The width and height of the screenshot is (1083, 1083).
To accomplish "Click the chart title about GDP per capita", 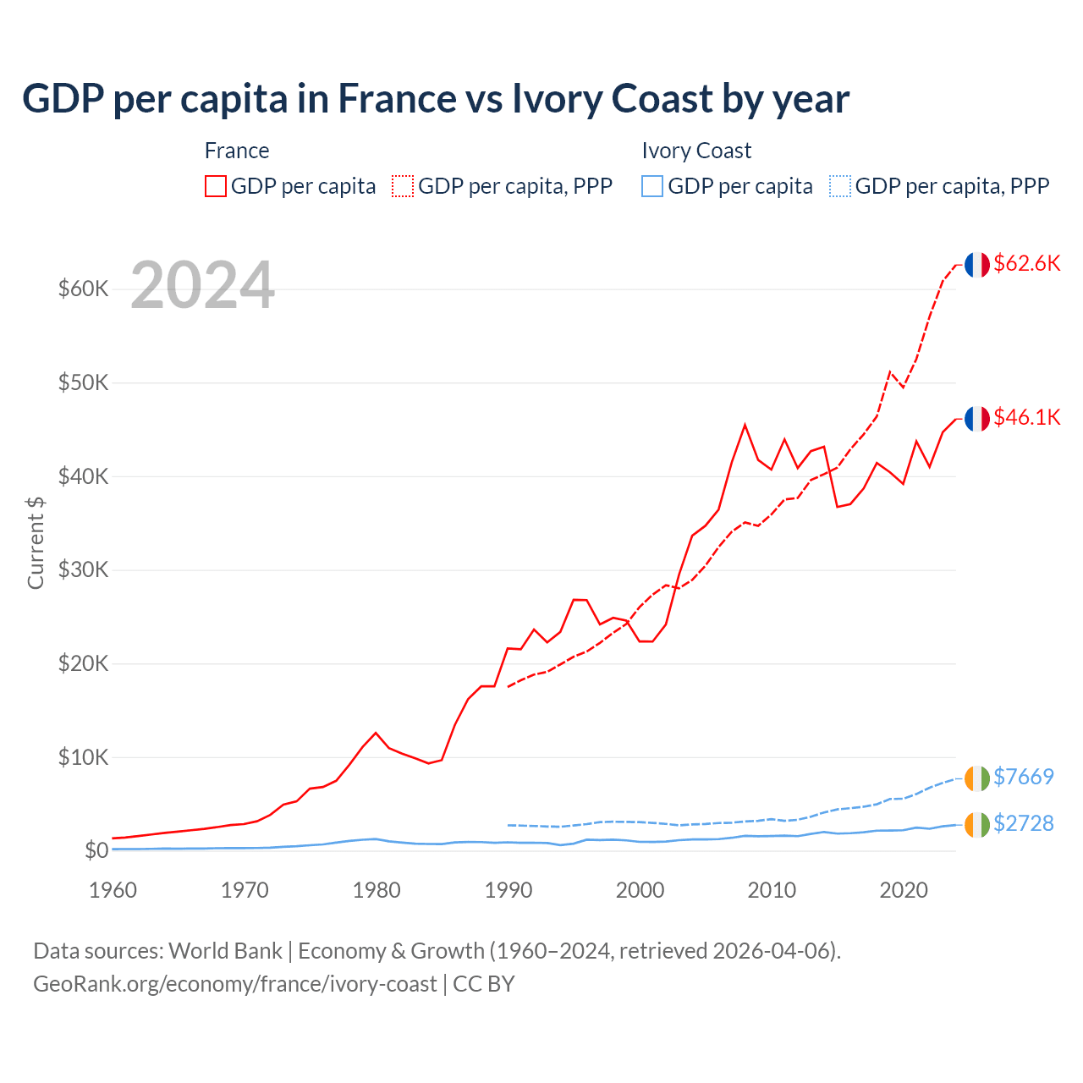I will click(x=436, y=99).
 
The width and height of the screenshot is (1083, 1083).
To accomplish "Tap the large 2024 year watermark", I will click(x=203, y=285).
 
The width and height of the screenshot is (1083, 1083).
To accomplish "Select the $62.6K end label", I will click(x=1026, y=263).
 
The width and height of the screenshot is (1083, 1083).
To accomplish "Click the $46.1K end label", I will click(x=1026, y=417).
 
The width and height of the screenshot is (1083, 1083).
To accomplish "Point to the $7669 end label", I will click(x=1023, y=777).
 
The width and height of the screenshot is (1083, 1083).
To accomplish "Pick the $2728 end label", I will click(x=1023, y=823).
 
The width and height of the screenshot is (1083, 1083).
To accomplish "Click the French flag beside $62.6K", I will click(x=977, y=265).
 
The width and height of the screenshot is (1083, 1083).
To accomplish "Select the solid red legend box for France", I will click(x=216, y=186).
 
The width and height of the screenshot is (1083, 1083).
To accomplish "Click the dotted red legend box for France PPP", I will click(x=403, y=186).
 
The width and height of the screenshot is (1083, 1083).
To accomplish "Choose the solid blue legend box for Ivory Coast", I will click(x=652, y=186).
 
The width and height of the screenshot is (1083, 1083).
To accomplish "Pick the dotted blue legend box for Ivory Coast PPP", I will click(x=840, y=186).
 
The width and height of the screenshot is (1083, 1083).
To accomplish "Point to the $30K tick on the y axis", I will click(x=83, y=569).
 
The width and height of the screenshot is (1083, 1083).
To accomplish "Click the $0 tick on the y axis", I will click(x=96, y=850).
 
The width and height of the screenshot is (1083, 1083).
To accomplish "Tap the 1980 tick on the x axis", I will click(x=377, y=890).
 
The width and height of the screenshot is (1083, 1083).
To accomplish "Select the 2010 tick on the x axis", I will click(x=772, y=890).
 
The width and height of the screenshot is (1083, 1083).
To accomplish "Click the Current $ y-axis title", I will click(x=36, y=542).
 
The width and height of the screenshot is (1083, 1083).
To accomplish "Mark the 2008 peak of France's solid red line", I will click(x=745, y=425).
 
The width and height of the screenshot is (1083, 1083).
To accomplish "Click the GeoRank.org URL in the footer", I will click(x=235, y=984).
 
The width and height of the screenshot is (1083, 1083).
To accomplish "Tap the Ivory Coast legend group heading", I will click(x=696, y=151).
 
